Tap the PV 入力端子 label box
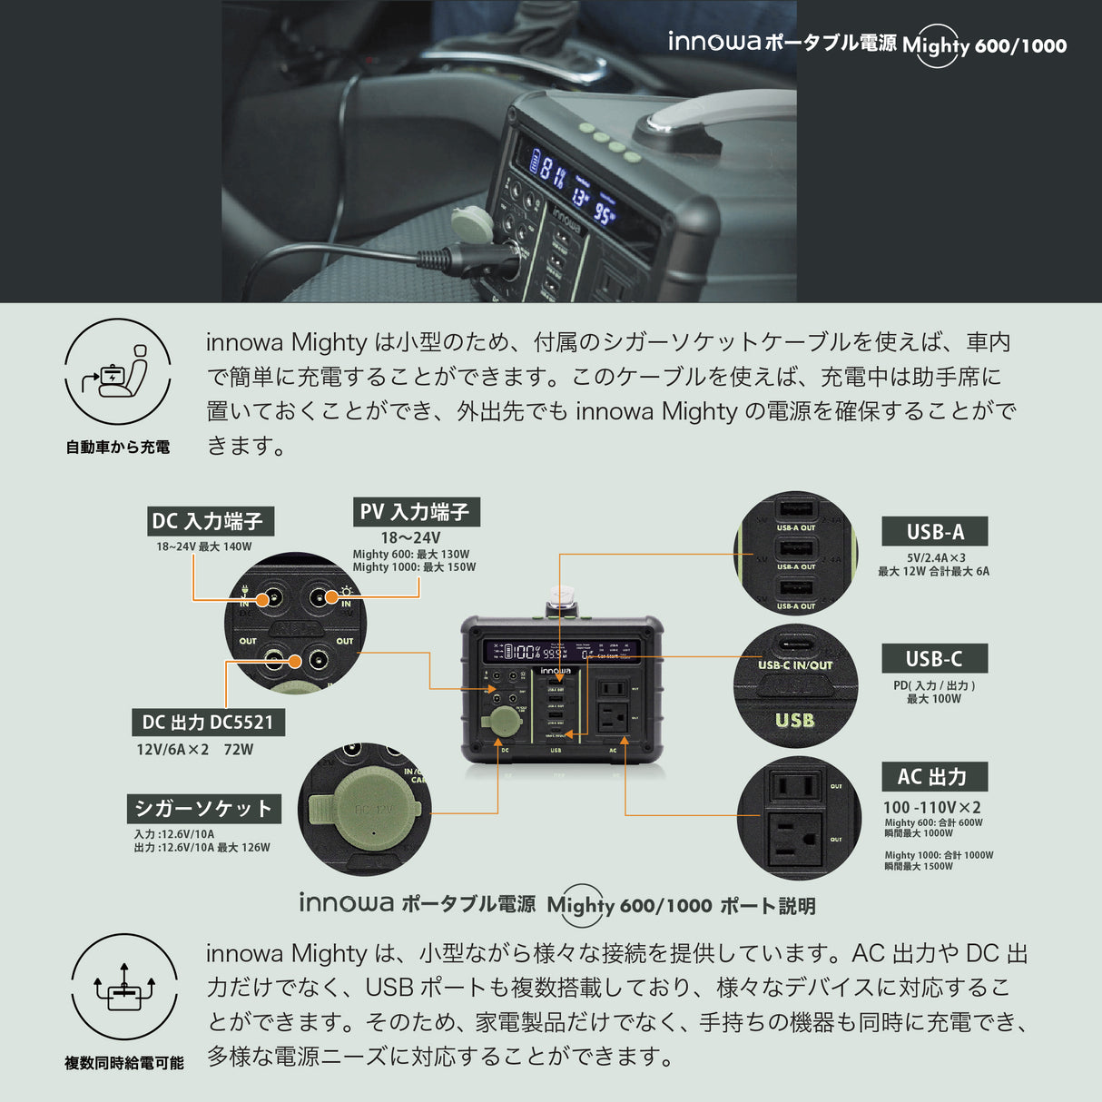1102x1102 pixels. pos(416,511)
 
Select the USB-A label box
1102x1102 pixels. pos(934,532)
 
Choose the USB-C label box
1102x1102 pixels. pos(934,659)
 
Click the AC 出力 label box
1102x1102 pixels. pos(934,777)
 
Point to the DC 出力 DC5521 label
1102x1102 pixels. pos(208,723)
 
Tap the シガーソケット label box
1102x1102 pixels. pos(203,808)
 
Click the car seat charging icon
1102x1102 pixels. pos(118,372)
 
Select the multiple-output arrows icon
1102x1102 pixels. pos(124,987)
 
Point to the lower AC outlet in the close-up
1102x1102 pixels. pos(794,838)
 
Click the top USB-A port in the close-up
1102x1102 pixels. pos(796,509)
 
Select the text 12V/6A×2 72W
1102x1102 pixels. pos(194,750)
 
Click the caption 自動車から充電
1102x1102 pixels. pos(118,447)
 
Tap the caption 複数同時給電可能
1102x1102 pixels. pos(124,1062)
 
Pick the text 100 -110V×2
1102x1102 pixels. pos(931,807)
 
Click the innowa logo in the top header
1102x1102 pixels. pos(714,41)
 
